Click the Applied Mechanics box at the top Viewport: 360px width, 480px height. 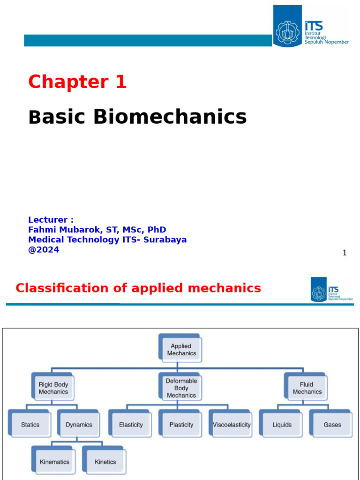tap(181, 350)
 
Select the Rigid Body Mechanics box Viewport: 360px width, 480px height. tap(53, 388)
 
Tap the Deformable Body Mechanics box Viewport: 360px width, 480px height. tap(181, 388)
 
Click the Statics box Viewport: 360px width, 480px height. tap(30, 425)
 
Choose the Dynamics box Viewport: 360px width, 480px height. tap(79, 425)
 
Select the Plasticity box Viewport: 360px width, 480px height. tap(181, 425)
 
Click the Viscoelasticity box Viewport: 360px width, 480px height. tap(232, 425)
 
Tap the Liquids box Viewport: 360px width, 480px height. tap(282, 425)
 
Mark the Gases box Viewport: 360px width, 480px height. tap(332, 425)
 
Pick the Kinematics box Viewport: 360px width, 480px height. tap(54, 462)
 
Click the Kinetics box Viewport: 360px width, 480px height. tap(105, 462)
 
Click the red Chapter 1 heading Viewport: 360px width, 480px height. tap(77, 82)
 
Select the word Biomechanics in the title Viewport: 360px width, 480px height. tap(170, 117)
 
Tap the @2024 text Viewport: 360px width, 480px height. tap(44, 250)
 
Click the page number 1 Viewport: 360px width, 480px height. tap(345, 253)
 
